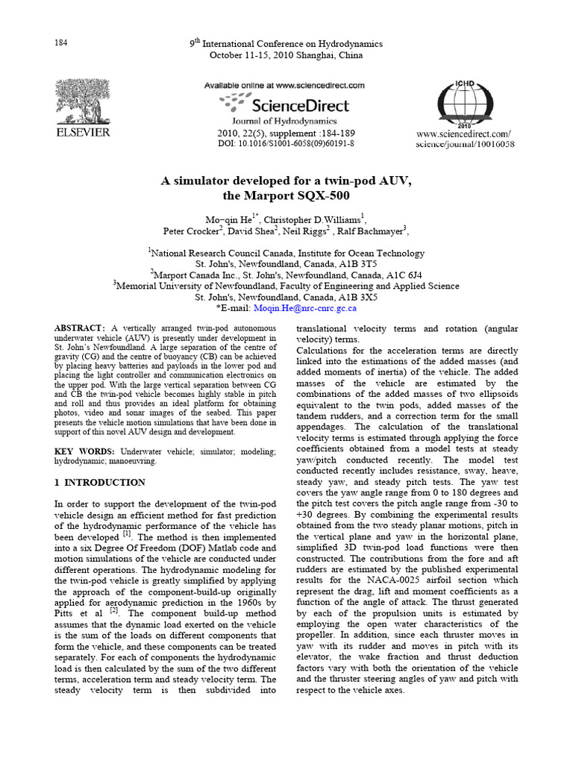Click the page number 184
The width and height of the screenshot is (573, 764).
click(61, 43)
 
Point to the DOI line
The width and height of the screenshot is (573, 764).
click(286, 143)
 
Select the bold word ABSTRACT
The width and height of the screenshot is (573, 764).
click(81, 328)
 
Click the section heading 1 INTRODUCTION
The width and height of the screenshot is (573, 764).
click(101, 483)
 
